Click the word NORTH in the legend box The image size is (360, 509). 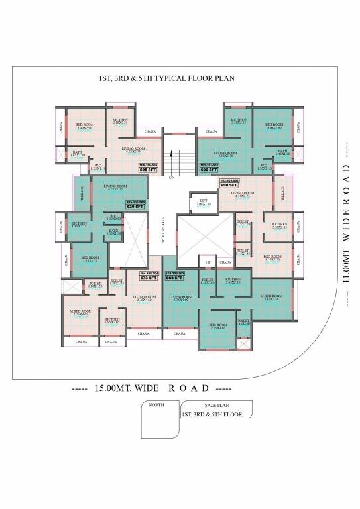click(x=156, y=404)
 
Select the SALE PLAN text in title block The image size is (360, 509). click(x=207, y=404)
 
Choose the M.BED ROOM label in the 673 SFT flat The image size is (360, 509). click(x=79, y=311)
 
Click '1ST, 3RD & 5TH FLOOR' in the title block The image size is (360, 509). click(x=211, y=415)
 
